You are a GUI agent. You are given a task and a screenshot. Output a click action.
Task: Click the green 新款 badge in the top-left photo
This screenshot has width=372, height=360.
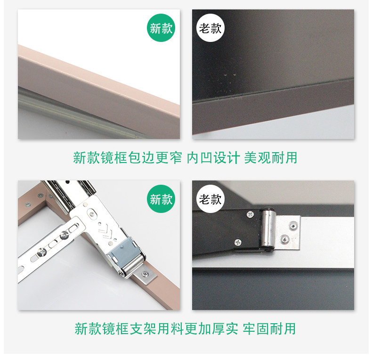[x=161, y=28]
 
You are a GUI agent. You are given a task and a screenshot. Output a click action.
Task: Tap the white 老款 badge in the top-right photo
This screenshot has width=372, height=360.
[x=210, y=28]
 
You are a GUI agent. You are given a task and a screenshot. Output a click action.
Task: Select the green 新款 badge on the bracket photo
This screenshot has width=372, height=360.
[x=161, y=199]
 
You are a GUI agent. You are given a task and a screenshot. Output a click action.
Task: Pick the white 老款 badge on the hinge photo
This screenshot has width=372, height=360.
[x=210, y=199]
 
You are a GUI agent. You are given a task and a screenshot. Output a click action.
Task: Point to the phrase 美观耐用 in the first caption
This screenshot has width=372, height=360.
[x=271, y=158]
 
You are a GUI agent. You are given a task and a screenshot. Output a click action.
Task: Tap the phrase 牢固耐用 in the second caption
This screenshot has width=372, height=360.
[x=269, y=328]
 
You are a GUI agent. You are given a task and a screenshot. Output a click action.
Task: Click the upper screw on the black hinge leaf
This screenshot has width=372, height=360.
[x=251, y=214]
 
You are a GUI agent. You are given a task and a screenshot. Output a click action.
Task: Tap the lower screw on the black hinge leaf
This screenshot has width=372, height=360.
[x=238, y=242]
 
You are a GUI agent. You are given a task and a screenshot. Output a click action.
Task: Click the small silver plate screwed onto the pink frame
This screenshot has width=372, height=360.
[x=145, y=275]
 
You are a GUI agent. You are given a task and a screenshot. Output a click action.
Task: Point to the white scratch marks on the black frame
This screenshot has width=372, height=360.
[x=223, y=82]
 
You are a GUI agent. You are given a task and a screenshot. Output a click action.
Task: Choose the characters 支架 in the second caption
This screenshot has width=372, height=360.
[x=143, y=328]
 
